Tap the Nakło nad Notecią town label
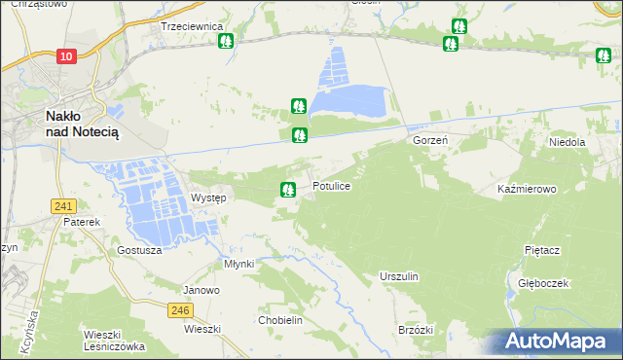[83, 124]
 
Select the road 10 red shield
[65, 57]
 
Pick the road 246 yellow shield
[179, 310]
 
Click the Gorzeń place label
[429, 141]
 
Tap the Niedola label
[566, 142]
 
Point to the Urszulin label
[399, 277]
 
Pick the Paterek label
[83, 222]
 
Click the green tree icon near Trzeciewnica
[226, 42]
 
